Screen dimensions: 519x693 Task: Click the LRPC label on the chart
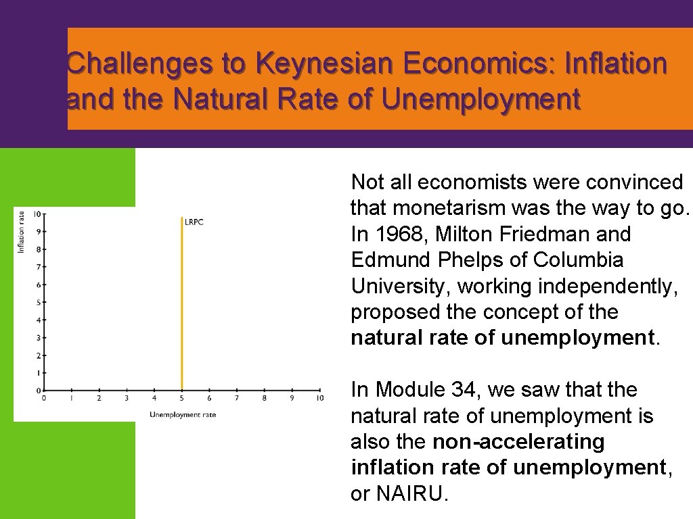(x=194, y=222)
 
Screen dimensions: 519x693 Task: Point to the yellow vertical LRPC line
(x=182, y=304)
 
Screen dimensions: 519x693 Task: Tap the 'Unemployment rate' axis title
(x=183, y=414)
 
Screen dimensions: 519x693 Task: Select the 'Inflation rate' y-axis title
(x=21, y=232)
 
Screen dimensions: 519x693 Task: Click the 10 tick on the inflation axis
(x=37, y=214)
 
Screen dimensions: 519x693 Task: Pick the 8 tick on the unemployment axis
(x=265, y=399)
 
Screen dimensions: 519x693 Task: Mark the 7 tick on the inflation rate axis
(x=39, y=267)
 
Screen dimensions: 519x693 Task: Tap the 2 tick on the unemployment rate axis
(x=99, y=399)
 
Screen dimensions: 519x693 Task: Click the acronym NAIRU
(x=399, y=494)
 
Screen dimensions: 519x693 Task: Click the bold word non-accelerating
(x=518, y=442)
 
